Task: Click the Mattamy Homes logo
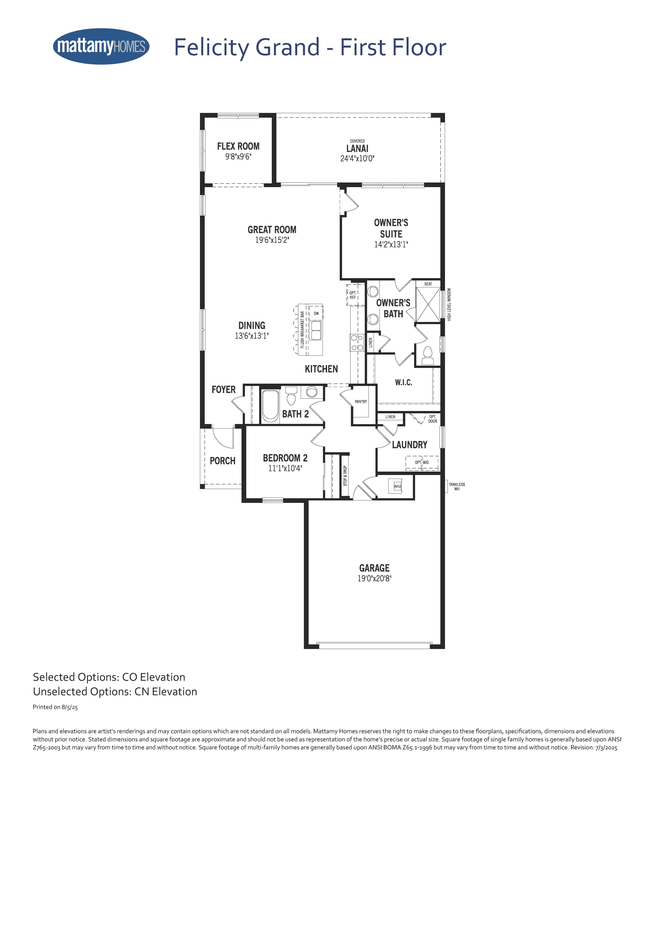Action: [101, 46]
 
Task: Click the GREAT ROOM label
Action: [272, 230]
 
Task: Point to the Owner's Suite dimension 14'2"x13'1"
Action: [391, 244]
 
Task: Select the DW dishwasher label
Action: [316, 313]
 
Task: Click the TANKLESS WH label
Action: [457, 487]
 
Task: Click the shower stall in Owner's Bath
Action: [428, 304]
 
